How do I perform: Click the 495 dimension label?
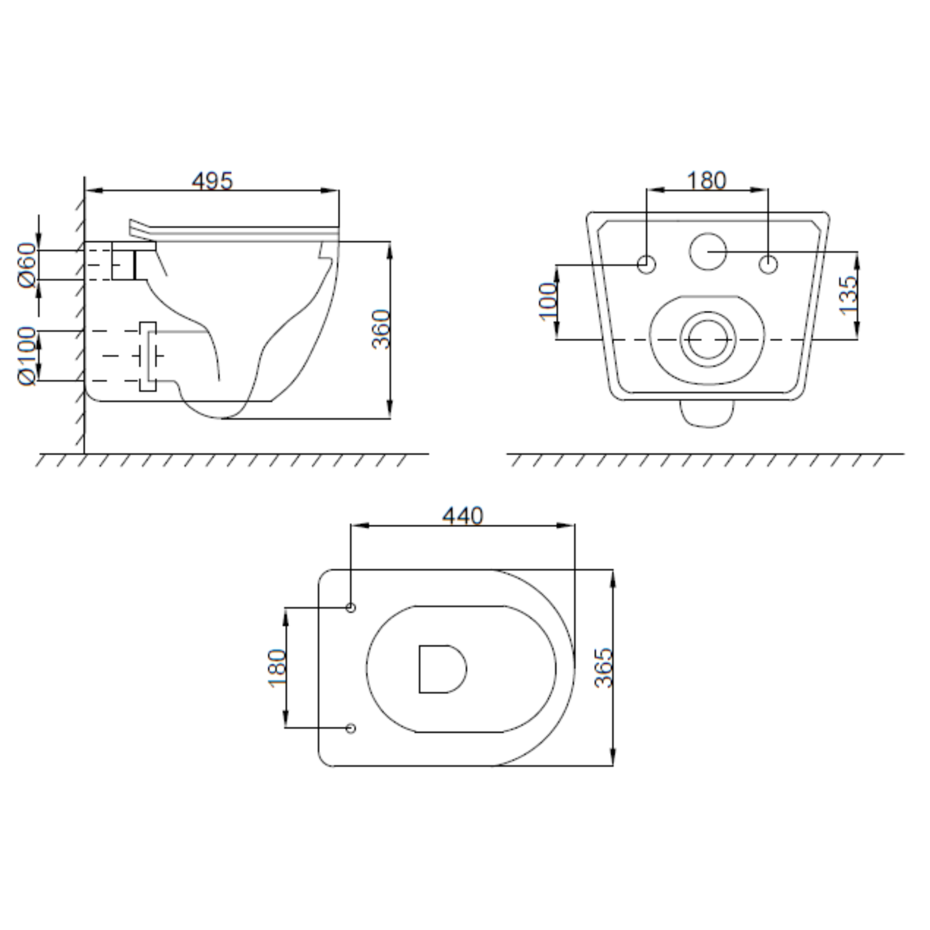pos(212,180)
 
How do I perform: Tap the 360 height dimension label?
pos(381,329)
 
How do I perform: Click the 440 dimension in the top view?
pos(463,516)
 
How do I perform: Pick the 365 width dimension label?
pos(604,668)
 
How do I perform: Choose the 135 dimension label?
pos(849,295)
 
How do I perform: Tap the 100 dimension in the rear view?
pos(547,302)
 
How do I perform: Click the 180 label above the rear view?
pos(707,180)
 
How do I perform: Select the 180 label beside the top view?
pos(277,668)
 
